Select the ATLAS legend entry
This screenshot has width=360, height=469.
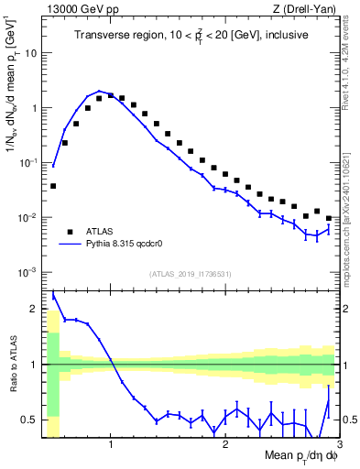tap(96, 232)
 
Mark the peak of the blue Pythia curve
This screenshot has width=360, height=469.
tap(99, 92)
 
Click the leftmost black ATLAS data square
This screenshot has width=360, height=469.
tap(53, 186)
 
